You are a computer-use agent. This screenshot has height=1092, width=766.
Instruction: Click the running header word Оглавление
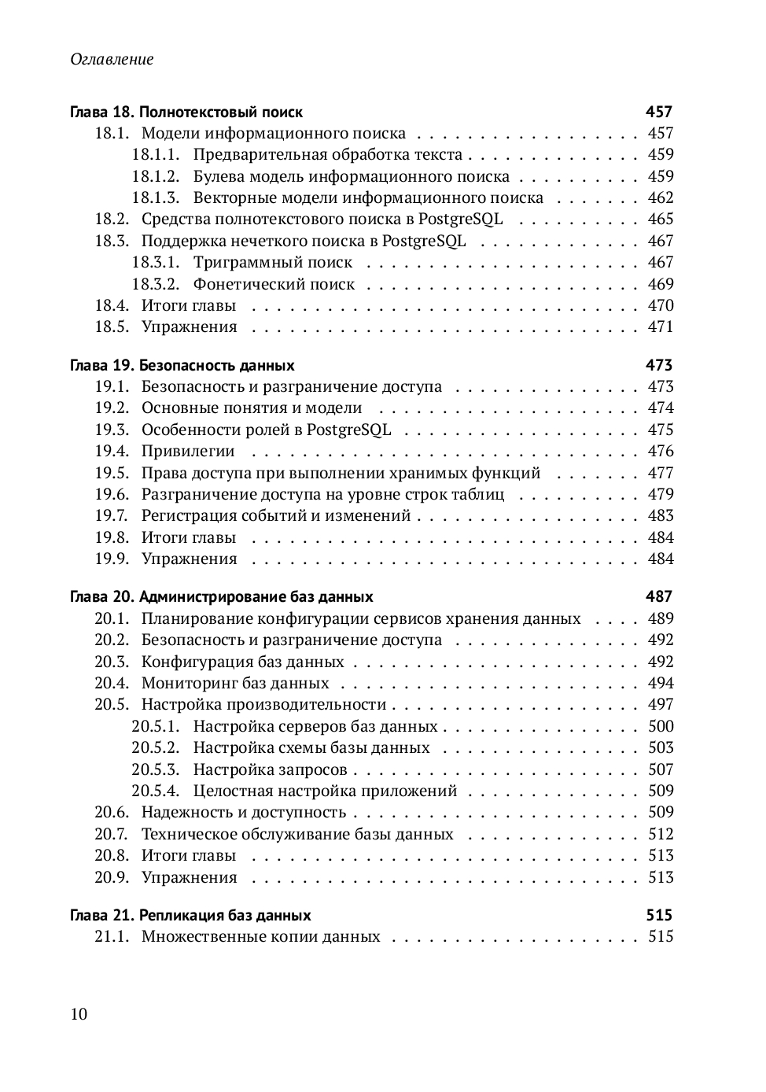(x=112, y=59)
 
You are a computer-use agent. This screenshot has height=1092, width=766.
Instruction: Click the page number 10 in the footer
(x=79, y=1013)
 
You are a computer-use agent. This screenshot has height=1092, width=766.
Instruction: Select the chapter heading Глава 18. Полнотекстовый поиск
(x=186, y=112)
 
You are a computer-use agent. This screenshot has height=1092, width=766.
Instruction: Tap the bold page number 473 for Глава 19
(x=659, y=365)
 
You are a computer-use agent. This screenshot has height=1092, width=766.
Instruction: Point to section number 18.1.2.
(x=155, y=176)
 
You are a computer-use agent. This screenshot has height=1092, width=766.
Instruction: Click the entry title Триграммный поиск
(x=273, y=263)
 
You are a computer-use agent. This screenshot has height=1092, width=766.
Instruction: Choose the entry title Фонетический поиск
(x=274, y=284)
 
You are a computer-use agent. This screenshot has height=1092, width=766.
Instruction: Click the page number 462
(x=661, y=197)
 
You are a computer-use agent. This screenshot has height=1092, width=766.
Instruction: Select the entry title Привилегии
(x=188, y=451)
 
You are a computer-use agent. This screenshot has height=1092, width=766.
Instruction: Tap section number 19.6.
(x=112, y=494)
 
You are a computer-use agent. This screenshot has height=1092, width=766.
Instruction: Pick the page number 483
(x=661, y=515)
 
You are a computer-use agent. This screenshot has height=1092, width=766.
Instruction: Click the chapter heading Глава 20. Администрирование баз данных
(x=221, y=596)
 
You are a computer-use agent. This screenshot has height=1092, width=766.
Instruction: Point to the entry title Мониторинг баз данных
(x=235, y=683)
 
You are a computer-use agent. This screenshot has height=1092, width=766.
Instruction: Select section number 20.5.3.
(x=155, y=769)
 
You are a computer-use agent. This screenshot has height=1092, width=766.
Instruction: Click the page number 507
(x=661, y=769)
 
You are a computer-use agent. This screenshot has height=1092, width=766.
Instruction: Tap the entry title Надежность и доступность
(x=244, y=812)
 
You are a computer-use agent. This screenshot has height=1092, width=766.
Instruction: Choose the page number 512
(x=661, y=834)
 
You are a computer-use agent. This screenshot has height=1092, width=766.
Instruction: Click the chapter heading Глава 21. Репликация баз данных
(x=190, y=915)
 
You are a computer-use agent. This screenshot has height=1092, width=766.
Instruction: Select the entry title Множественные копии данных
(x=260, y=936)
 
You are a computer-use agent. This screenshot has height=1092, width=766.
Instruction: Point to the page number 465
(x=661, y=220)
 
